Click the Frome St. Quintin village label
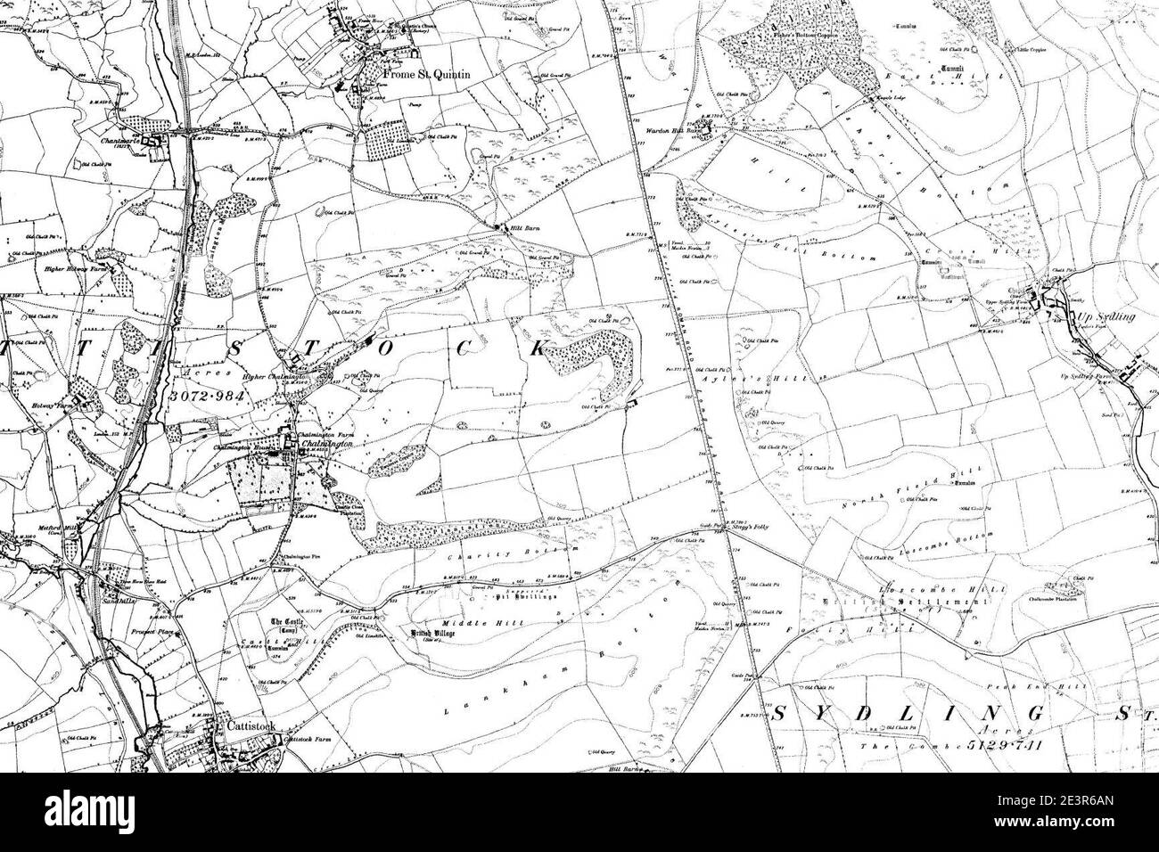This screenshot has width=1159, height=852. tap(425, 76)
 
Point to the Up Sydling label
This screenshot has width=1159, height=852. tap(1096, 317)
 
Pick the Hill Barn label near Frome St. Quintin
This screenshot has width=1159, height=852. tap(514, 227)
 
